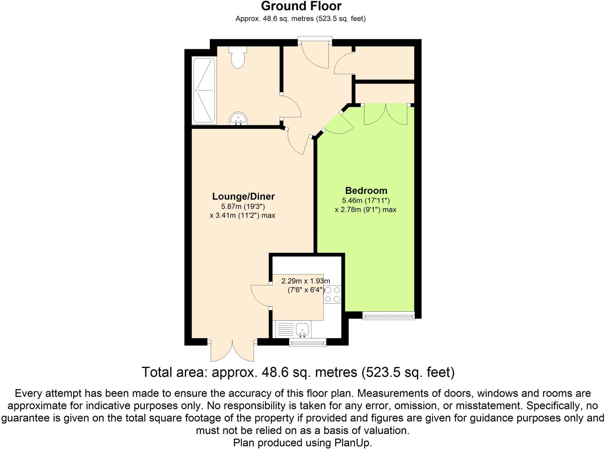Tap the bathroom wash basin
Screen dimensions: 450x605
pyautogui.click(x=238, y=119)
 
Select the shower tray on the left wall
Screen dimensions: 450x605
pyautogui.click(x=204, y=91)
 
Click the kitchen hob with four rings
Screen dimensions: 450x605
pyautogui.click(x=333, y=294)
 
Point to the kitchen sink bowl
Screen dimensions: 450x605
pyautogui.click(x=302, y=329)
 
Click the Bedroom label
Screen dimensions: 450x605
pyautogui.click(x=366, y=190)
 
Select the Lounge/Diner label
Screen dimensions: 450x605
pyautogui.click(x=243, y=196)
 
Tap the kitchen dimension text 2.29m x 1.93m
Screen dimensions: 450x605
pyautogui.click(x=305, y=281)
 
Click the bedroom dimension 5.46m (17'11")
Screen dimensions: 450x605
pyautogui.click(x=366, y=201)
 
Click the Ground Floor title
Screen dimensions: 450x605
pyautogui.click(x=301, y=6)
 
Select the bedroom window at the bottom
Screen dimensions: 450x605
pyautogui.click(x=388, y=316)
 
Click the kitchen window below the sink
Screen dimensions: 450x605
pyautogui.click(x=308, y=342)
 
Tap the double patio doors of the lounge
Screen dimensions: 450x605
pyautogui.click(x=232, y=351)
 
